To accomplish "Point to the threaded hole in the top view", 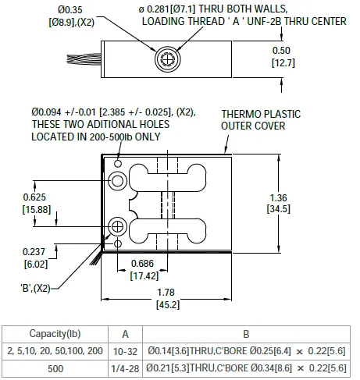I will coord(167,56).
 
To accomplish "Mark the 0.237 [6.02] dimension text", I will coord(34,257).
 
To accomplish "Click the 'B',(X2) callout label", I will coord(36,288).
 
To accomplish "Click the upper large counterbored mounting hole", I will coord(117,181).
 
